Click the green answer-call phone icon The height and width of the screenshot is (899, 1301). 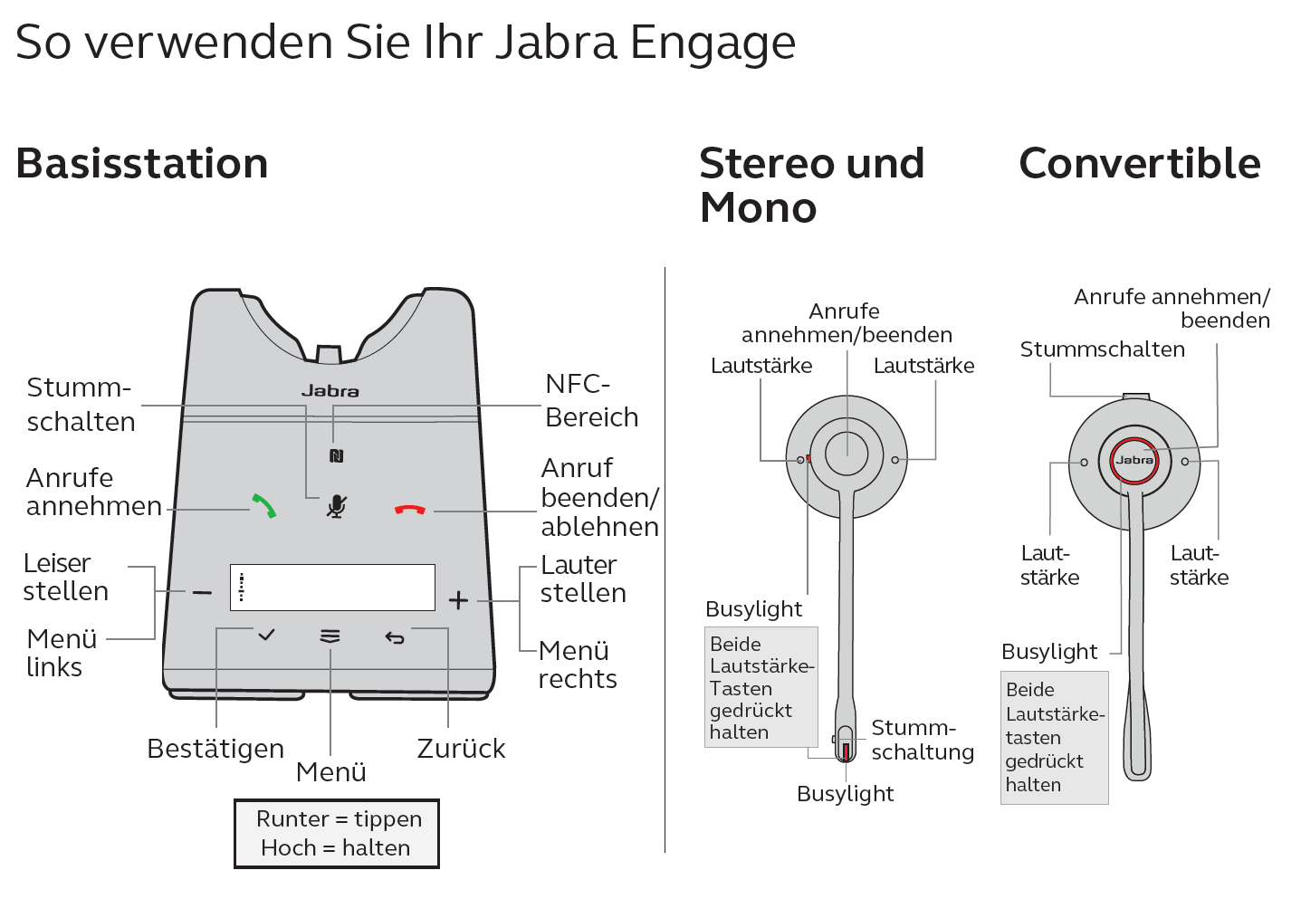pos(263,506)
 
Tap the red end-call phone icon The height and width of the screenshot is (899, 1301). pos(410,510)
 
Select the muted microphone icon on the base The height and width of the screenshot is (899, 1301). pos(336,506)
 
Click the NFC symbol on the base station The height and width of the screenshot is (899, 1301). pos(336,456)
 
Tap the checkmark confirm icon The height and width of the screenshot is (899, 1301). pos(266,635)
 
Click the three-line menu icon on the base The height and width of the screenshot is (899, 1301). pos(330,636)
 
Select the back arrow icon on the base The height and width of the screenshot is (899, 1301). pos(395,638)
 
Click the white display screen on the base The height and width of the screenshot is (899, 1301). pos(333,588)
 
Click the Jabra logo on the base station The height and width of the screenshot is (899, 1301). pos(330,391)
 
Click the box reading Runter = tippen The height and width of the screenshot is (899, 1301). pos(337,834)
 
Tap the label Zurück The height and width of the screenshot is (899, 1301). pos(461,748)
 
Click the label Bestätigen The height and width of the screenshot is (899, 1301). pos(215,748)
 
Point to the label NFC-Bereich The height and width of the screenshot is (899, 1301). pos(592,401)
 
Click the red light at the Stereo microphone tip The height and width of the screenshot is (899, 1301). pos(847,751)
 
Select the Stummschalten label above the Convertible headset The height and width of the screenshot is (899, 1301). pos(1103,349)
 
